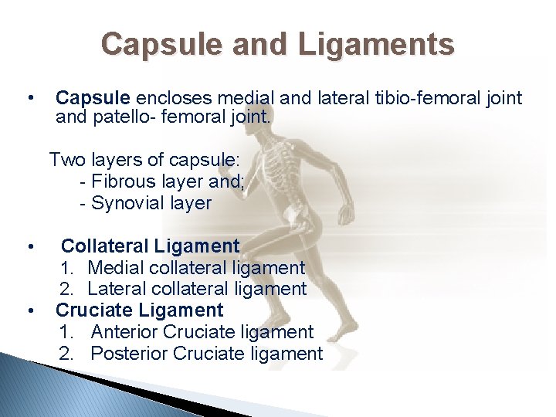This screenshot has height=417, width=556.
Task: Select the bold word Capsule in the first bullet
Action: point(94,98)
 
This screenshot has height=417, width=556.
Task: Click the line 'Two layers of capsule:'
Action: point(144,160)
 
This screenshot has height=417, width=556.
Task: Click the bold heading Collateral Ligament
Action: point(150,246)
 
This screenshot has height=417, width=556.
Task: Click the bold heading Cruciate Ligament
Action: point(139,310)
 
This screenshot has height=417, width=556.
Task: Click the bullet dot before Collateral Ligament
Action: point(29,247)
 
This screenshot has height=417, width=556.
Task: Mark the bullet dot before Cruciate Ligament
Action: point(29,311)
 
